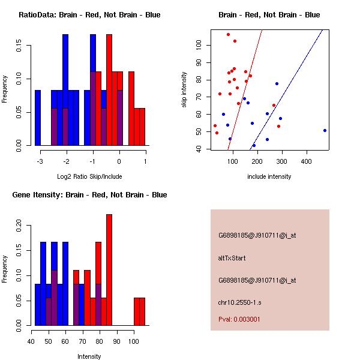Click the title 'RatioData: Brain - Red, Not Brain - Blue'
(x=89, y=15)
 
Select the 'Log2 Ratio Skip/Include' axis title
(x=89, y=176)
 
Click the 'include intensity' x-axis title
(x=269, y=176)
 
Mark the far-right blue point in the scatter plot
(x=325, y=130)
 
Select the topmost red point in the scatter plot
(x=228, y=34)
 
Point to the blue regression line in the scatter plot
(x=288, y=90)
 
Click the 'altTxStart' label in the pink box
(x=232, y=258)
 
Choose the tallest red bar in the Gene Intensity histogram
(x=109, y=270)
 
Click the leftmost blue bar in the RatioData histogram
(x=37, y=118)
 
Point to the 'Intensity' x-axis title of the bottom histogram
(x=89, y=356)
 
